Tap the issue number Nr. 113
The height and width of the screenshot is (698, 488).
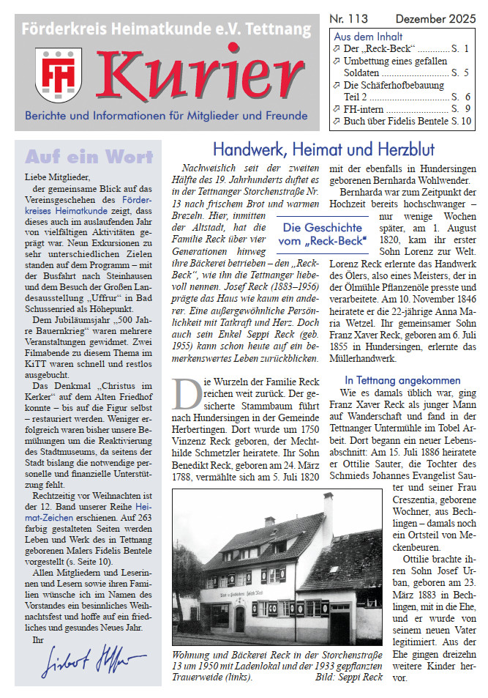point(350,18)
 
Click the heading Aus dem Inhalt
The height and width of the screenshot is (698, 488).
point(368,37)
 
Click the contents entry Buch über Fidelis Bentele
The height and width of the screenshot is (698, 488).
point(396,122)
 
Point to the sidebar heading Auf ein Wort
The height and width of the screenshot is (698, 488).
point(89,157)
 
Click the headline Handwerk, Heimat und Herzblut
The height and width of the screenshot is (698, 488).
point(323,149)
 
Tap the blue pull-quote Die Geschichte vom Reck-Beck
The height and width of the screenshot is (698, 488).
point(323,234)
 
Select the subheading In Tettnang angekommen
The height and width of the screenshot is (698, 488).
point(402,380)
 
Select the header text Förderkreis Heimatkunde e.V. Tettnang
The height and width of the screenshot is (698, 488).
point(167,30)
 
